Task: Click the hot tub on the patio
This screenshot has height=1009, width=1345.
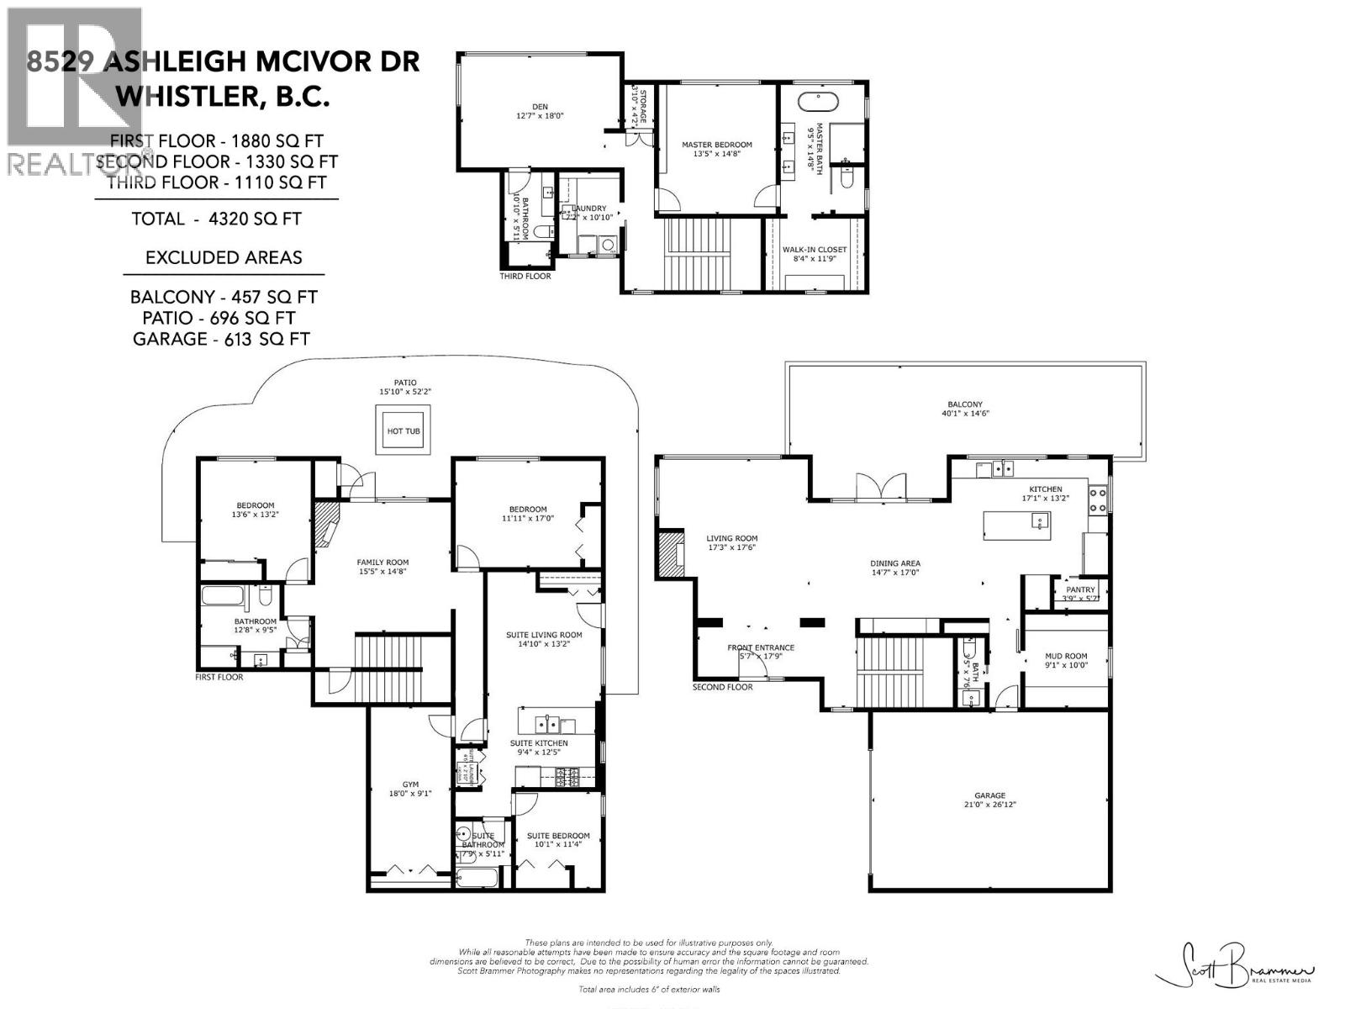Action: pyautogui.click(x=403, y=431)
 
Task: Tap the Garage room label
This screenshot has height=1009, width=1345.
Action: pyautogui.click(x=990, y=795)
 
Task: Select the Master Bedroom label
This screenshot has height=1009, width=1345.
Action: pyautogui.click(x=716, y=145)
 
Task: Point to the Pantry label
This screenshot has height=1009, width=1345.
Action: pyautogui.click(x=1080, y=589)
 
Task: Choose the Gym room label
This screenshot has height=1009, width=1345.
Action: pyautogui.click(x=410, y=784)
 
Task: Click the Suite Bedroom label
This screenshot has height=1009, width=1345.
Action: pyautogui.click(x=558, y=836)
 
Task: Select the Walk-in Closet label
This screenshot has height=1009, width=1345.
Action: pyautogui.click(x=815, y=250)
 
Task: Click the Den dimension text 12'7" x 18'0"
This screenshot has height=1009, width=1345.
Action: pyautogui.click(x=540, y=116)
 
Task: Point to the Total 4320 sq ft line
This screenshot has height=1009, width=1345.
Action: pyautogui.click(x=216, y=219)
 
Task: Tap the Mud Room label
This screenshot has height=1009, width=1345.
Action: pyautogui.click(x=1066, y=656)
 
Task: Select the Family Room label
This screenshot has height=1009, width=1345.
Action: pyautogui.click(x=382, y=563)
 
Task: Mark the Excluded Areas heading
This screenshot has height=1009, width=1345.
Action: pyautogui.click(x=224, y=257)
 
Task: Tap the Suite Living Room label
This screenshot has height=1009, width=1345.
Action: pyautogui.click(x=544, y=635)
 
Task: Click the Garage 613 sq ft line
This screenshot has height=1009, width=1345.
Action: pyautogui.click(x=221, y=339)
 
